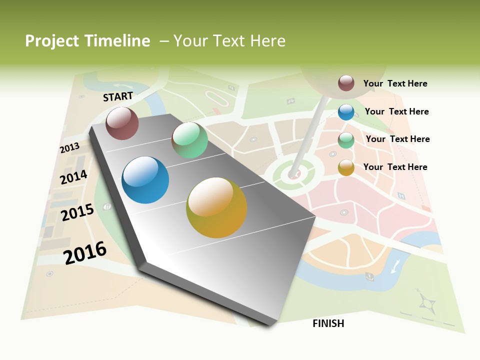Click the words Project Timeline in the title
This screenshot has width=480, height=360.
point(87,41)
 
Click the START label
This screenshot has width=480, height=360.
point(118,96)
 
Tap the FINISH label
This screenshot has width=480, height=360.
point(328,323)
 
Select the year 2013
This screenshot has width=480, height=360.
point(69,148)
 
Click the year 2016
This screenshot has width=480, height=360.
point(85,252)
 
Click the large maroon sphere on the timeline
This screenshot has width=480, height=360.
point(122,123)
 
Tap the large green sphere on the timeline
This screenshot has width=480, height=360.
point(189,140)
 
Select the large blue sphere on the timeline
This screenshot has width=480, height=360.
point(145,180)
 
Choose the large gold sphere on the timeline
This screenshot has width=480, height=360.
point(216,207)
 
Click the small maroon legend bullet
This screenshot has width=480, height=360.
point(346,83)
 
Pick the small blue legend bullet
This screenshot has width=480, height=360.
point(346,112)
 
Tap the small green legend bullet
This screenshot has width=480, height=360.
point(346,140)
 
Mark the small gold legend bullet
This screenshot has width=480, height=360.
point(346,167)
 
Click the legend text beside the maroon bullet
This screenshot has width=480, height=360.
point(395,83)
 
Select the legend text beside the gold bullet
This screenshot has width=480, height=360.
point(395,167)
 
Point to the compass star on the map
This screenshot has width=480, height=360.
point(427,302)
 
